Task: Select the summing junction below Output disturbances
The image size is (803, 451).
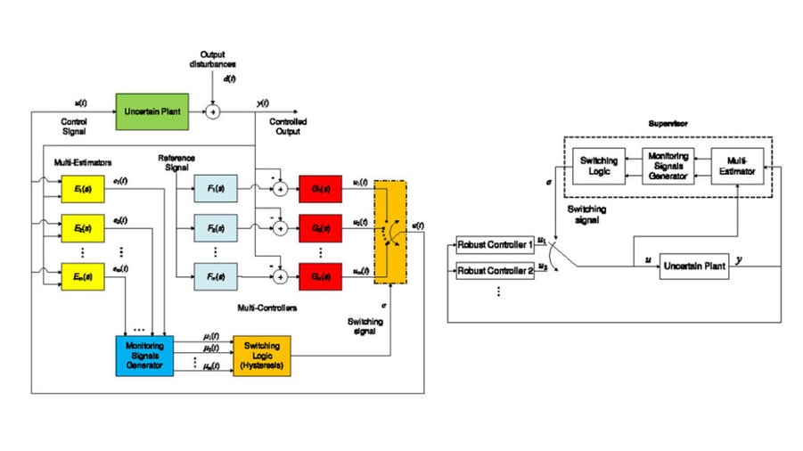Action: click(213, 111)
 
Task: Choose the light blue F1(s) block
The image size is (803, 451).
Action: click(216, 189)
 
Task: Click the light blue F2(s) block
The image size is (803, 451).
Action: click(216, 229)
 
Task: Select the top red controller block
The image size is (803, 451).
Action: click(320, 189)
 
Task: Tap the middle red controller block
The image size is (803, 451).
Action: click(320, 229)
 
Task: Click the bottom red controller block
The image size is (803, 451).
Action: click(320, 276)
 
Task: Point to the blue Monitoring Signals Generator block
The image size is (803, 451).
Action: click(144, 353)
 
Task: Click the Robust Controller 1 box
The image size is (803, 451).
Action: click(495, 244)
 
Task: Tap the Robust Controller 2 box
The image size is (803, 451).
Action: click(495, 269)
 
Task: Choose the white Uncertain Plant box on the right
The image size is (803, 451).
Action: click(694, 266)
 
